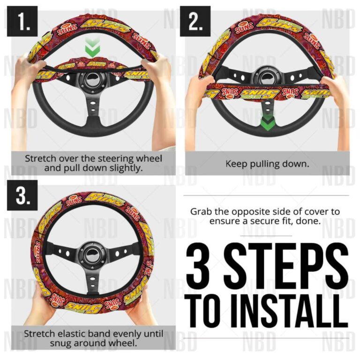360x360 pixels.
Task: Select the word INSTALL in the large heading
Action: pyautogui.click(x=291, y=307)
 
